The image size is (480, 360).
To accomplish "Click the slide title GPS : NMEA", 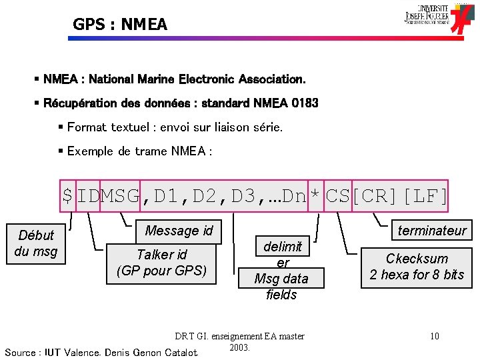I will click(x=120, y=25).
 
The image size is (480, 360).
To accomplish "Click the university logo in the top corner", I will click(x=436, y=17).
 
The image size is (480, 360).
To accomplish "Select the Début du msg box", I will click(x=36, y=243).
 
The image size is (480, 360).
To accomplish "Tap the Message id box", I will click(x=179, y=231).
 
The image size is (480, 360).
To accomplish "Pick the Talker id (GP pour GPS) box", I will click(x=162, y=263).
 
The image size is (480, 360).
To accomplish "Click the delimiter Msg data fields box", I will click(x=281, y=270).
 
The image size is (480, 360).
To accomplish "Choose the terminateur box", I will click(x=431, y=231).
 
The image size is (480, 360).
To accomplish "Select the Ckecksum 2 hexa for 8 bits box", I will click(x=417, y=267).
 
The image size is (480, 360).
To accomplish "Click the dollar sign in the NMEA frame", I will click(x=67, y=196).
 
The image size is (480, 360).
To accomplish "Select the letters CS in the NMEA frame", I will click(x=337, y=196).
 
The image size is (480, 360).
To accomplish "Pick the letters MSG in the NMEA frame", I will click(x=120, y=196).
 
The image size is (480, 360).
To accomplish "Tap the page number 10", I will click(x=435, y=336).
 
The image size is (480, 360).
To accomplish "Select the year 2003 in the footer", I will click(x=239, y=347).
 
